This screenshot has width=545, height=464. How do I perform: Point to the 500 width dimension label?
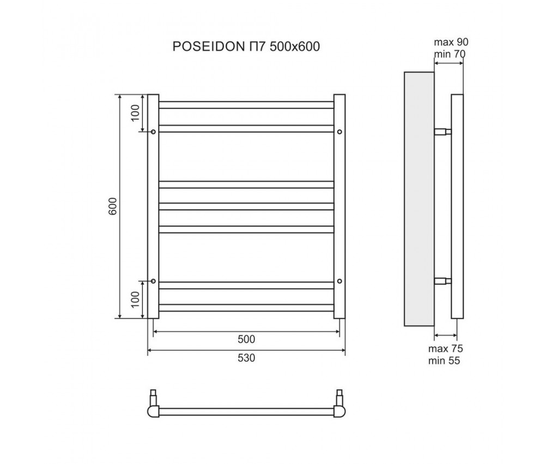pyautogui.click(x=246, y=340)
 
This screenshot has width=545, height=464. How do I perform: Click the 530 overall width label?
pyautogui.click(x=246, y=358)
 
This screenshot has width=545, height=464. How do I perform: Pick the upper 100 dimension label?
pyautogui.click(x=136, y=113)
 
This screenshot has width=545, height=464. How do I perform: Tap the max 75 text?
pyautogui.click(x=446, y=349)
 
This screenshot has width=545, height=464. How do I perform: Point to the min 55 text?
pyautogui.click(x=446, y=360)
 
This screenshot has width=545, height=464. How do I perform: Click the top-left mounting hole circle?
pyautogui.click(x=153, y=132)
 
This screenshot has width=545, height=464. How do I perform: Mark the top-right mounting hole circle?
pyautogui.click(x=340, y=132)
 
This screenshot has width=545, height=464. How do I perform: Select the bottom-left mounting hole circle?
pyautogui.click(x=153, y=281)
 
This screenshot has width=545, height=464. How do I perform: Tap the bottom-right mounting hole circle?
pyautogui.click(x=340, y=281)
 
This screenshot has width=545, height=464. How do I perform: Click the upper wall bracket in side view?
pyautogui.click(x=442, y=132)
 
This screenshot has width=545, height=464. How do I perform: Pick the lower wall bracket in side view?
pyautogui.click(x=442, y=281)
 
